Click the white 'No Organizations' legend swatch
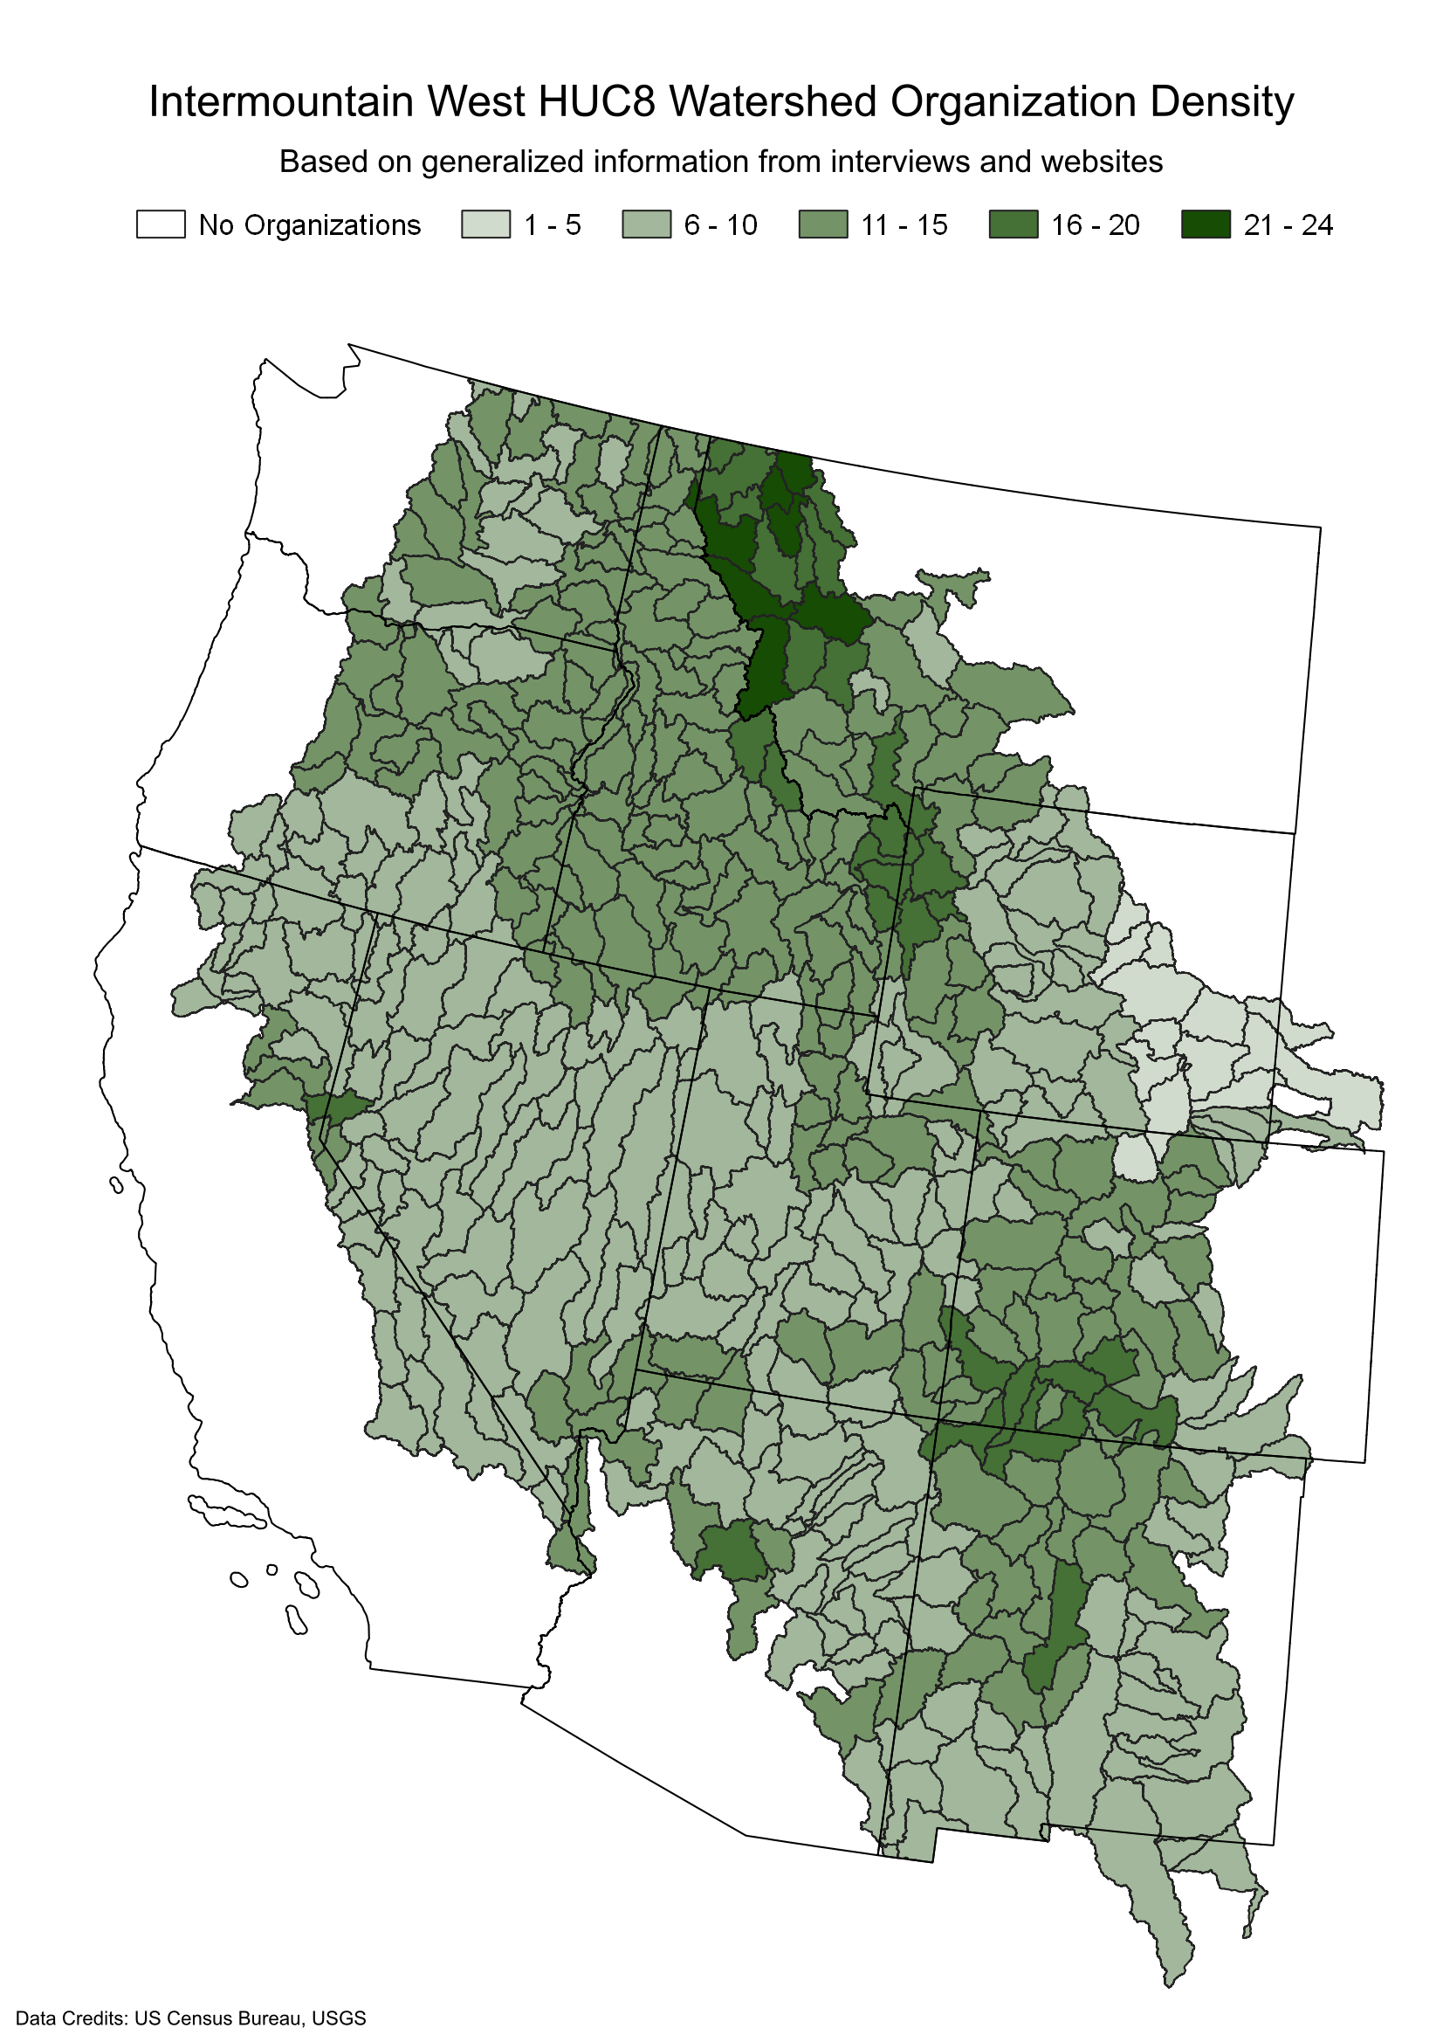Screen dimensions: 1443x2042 tap(160, 224)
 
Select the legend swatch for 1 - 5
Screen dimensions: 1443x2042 tap(485, 224)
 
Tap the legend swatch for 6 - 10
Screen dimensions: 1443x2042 tap(646, 224)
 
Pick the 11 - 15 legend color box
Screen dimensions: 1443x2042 tap(822, 224)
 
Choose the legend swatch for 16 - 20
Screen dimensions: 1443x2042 tap(1013, 224)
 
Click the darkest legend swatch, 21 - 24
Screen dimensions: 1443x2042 tap(1206, 224)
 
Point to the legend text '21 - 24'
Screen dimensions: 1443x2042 tap(1288, 225)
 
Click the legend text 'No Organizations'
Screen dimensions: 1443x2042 tap(309, 225)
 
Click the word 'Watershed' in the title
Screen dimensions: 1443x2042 tap(773, 101)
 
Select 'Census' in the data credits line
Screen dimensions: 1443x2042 tap(196, 2018)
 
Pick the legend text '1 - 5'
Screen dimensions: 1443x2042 tap(552, 225)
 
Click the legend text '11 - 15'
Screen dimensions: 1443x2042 tap(904, 225)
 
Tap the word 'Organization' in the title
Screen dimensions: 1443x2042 tap(1013, 101)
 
